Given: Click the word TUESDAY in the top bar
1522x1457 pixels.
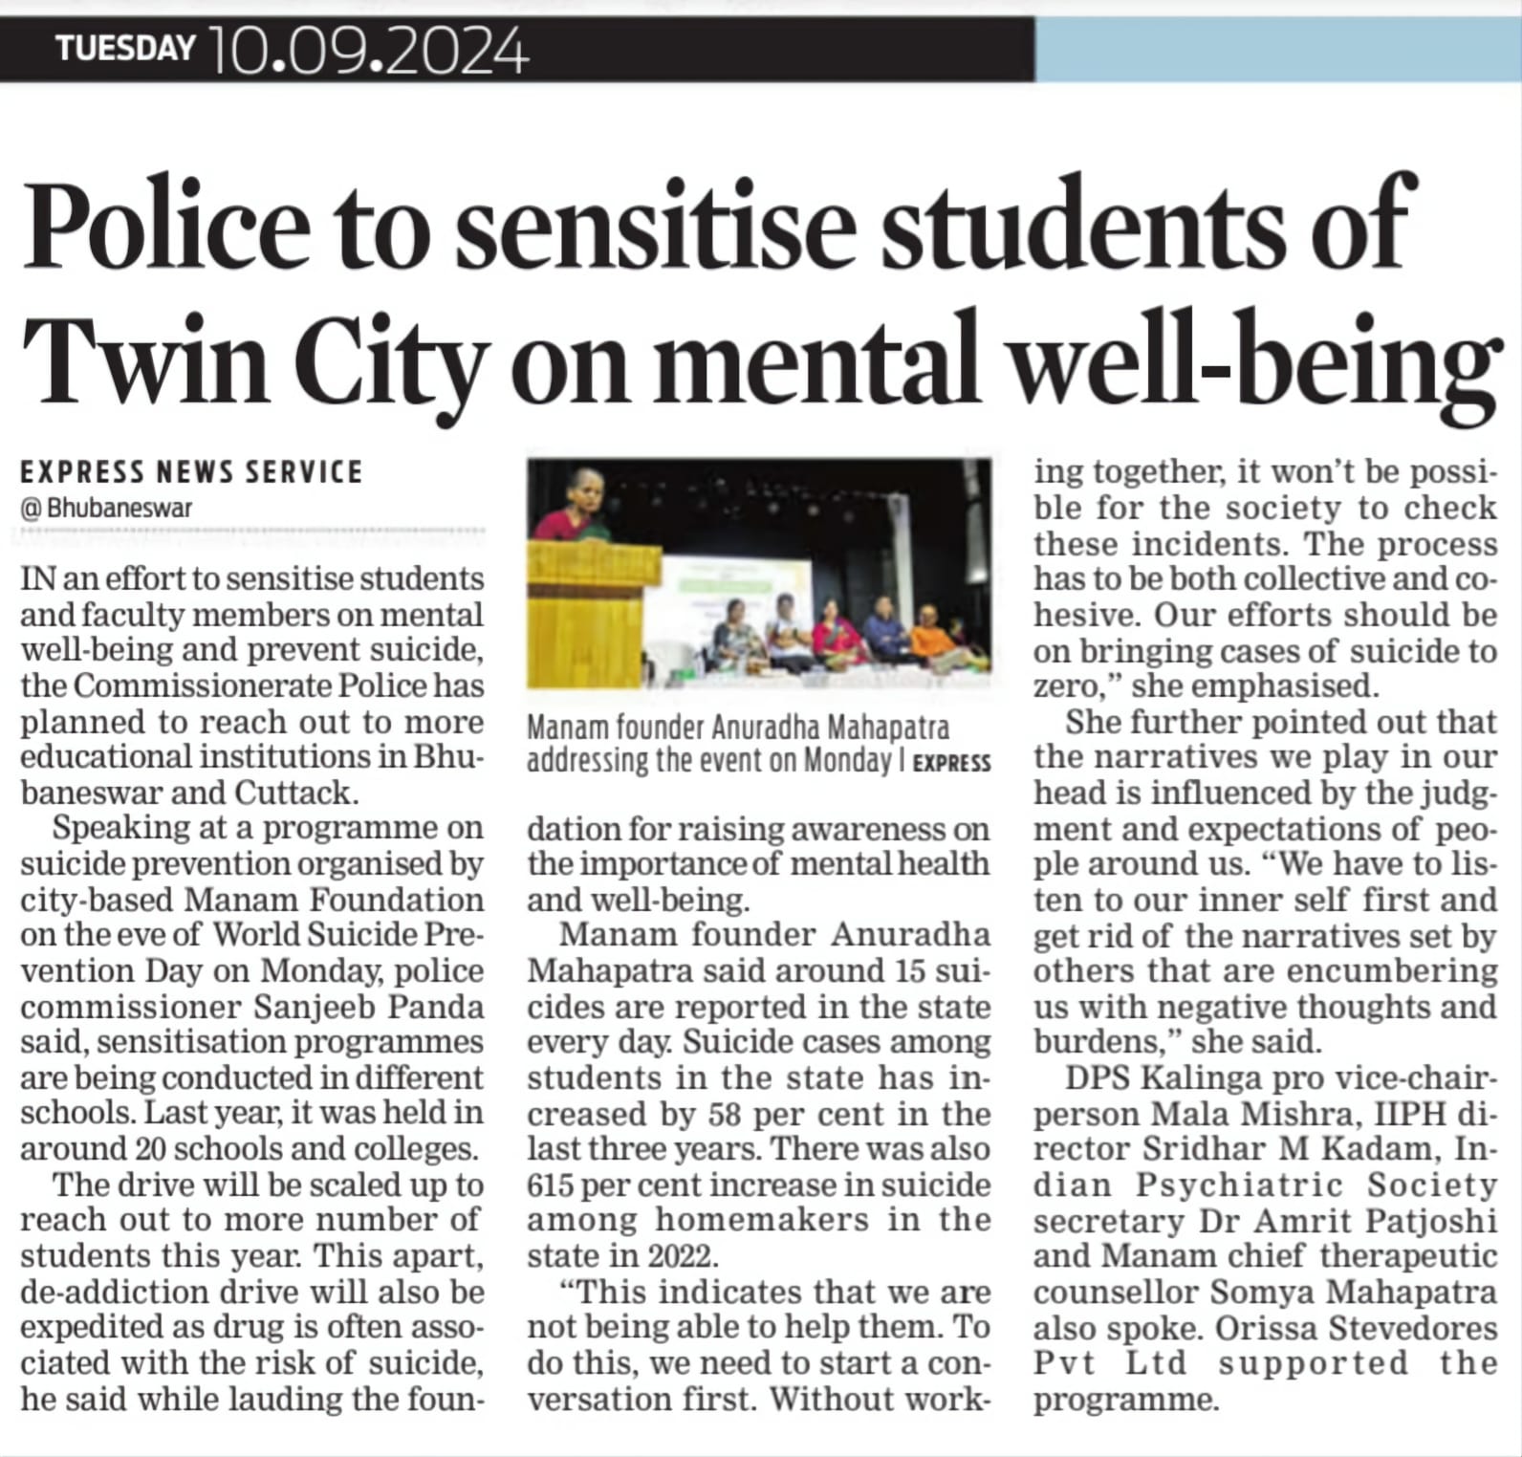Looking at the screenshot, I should (x=125, y=47).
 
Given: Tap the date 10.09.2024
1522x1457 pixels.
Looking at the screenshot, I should (x=366, y=51).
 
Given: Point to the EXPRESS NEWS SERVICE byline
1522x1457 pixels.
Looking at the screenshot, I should (x=191, y=471).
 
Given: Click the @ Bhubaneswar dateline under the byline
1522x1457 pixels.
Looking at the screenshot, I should (x=106, y=508).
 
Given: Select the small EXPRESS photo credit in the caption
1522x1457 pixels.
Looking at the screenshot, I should (x=951, y=763).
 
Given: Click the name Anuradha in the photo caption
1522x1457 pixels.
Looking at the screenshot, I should (x=766, y=728).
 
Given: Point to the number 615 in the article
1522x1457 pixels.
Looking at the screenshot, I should (x=550, y=1185).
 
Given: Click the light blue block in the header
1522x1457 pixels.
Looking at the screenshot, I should (x=1277, y=49).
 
